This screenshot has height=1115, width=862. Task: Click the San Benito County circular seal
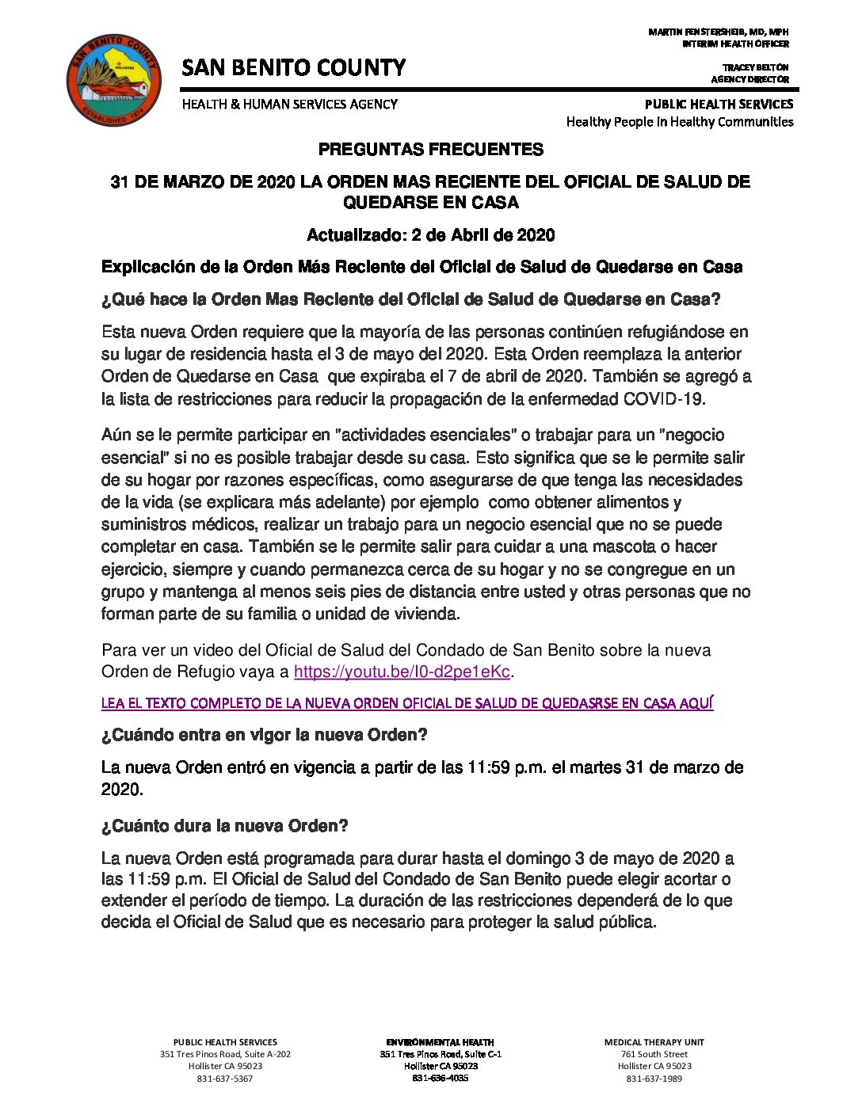[113, 79]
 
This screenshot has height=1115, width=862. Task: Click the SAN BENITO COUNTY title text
[293, 68]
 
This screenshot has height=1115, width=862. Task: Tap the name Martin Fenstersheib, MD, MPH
[718, 32]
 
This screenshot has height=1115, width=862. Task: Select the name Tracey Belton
[754, 68]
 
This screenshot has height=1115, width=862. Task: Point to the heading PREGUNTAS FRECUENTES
[430, 150]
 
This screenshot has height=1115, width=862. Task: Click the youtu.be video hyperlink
[401, 672]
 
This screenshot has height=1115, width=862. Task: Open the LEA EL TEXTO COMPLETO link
[407, 703]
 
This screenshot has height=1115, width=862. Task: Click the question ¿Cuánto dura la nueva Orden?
[225, 826]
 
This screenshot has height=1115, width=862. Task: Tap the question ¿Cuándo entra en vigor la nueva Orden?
[265, 735]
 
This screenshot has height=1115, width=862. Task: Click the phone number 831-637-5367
[225, 1079]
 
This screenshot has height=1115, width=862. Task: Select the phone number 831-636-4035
[440, 1079]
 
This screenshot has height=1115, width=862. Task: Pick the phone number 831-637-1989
[654, 1079]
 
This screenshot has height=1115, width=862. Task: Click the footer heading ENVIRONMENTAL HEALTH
[440, 1042]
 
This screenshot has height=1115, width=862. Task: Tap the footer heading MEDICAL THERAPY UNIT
[654, 1042]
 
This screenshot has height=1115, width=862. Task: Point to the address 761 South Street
[654, 1054]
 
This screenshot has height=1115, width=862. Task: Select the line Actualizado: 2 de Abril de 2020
[430, 235]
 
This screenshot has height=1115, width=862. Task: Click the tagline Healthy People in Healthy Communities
[679, 122]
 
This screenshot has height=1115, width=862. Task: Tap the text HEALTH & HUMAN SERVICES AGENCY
[290, 105]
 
